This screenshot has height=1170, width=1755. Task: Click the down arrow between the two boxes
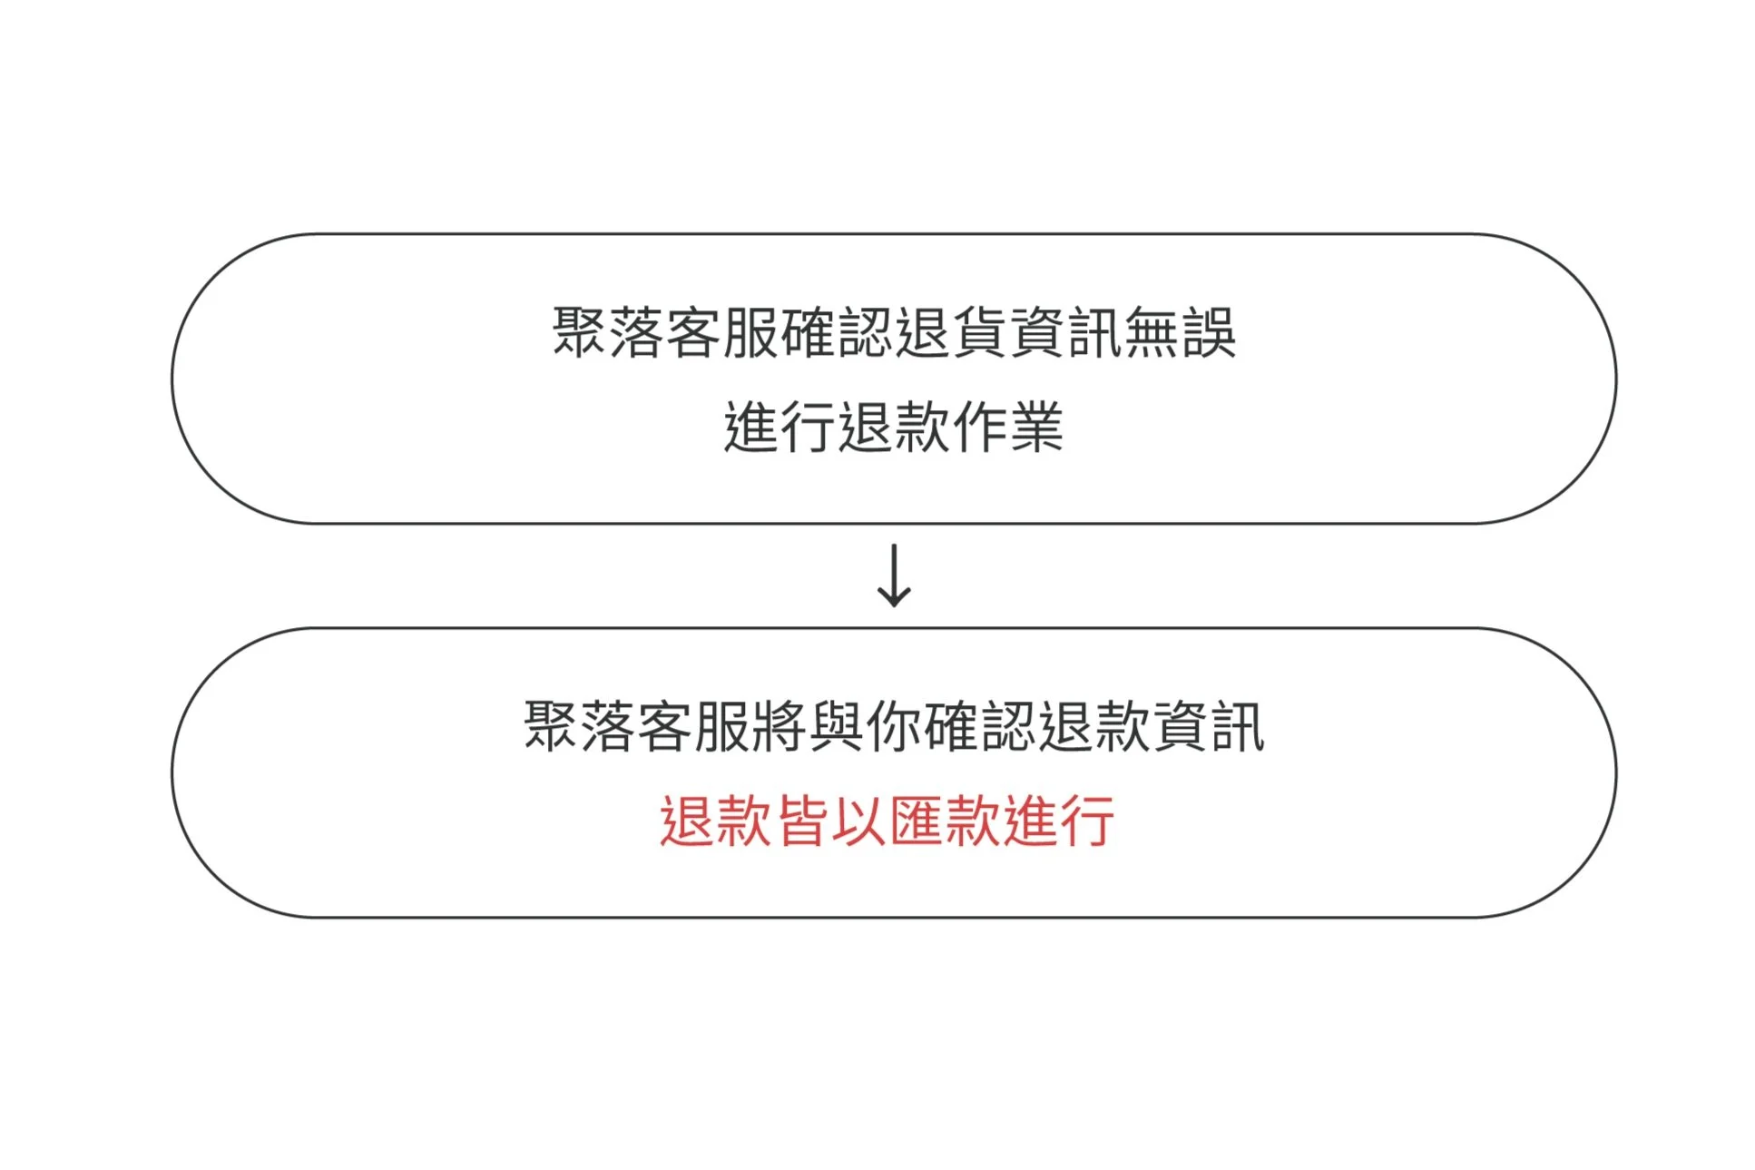click(x=894, y=575)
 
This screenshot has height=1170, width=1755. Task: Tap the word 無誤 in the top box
click(x=1180, y=333)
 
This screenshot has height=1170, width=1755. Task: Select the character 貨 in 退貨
click(x=979, y=333)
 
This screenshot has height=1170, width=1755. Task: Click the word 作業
click(x=1006, y=427)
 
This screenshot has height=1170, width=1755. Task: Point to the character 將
click(x=779, y=727)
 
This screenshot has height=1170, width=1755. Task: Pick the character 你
click(x=894, y=727)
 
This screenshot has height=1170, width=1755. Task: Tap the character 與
click(x=837, y=727)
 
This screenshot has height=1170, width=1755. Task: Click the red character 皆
click(x=802, y=821)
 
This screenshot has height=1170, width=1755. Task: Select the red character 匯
click(x=916, y=821)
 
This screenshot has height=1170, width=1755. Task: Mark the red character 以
click(x=858, y=821)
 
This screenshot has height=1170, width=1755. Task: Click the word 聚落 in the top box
click(x=609, y=333)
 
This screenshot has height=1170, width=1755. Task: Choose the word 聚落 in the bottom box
click(x=580, y=727)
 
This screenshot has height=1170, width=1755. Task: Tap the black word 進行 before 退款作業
click(x=779, y=427)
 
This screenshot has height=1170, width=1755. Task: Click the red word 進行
click(x=1058, y=821)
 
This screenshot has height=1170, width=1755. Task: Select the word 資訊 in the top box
click(x=1065, y=333)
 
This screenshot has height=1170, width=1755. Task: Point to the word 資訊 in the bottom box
click(x=1208, y=727)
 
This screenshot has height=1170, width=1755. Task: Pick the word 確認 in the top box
click(x=837, y=333)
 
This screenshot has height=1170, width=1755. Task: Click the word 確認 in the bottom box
click(x=980, y=727)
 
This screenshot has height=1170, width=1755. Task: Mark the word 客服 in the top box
click(x=722, y=333)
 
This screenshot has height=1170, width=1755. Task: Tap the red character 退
click(x=688, y=821)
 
